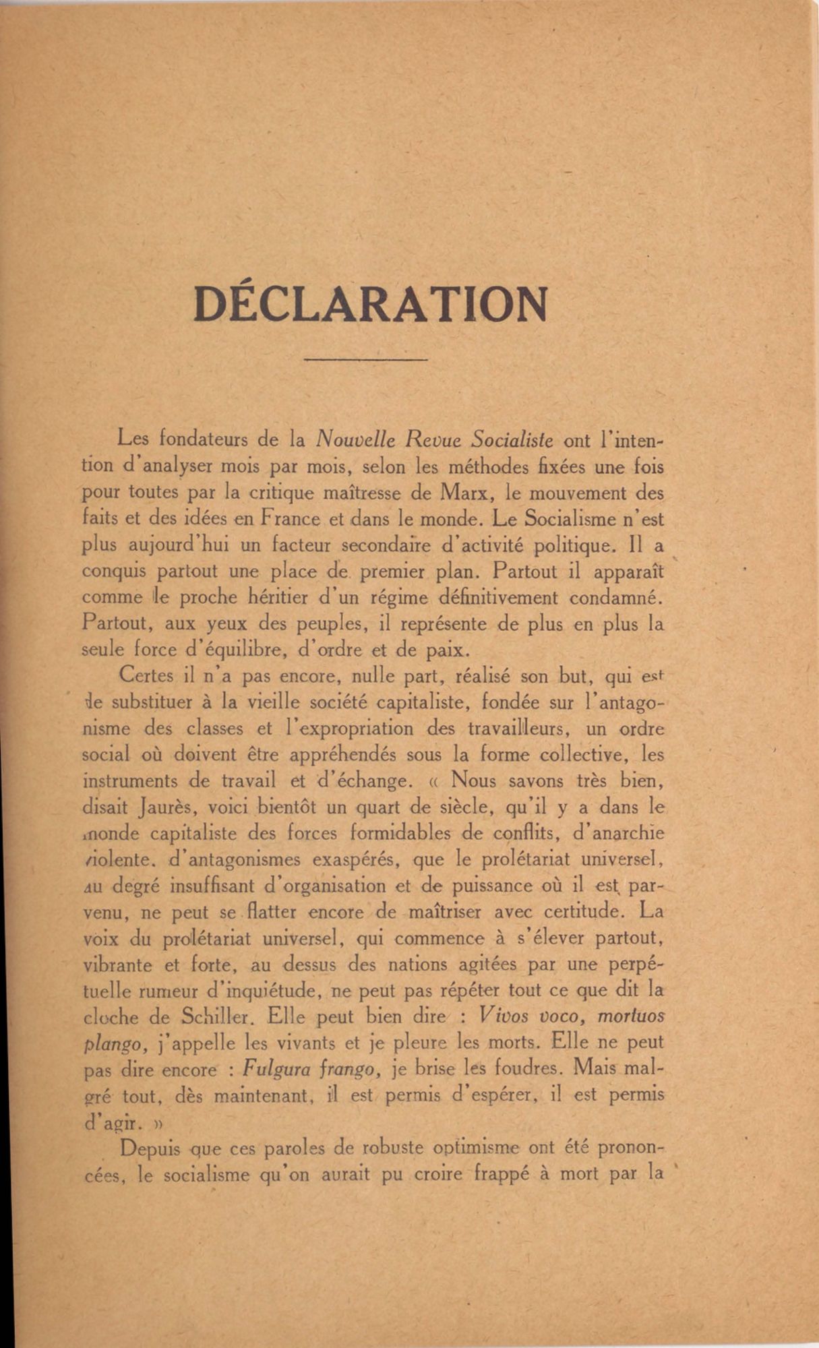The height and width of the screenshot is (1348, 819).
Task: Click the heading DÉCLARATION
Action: click(370, 305)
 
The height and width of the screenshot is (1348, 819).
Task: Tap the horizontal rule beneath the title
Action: click(366, 360)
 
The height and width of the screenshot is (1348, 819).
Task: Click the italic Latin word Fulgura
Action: click(273, 1069)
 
